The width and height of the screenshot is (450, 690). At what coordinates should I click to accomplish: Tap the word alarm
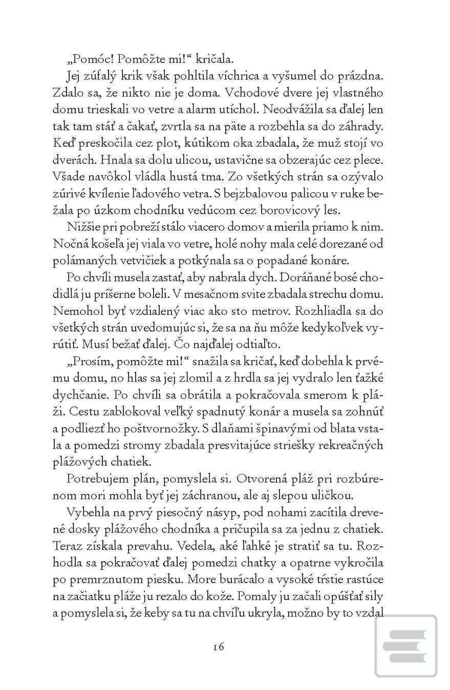coord(247,109)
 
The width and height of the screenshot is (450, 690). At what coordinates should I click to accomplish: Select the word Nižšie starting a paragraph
coord(84,226)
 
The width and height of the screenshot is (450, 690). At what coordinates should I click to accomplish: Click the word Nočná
coord(69,243)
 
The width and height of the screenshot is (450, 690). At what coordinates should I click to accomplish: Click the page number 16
coord(219,647)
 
